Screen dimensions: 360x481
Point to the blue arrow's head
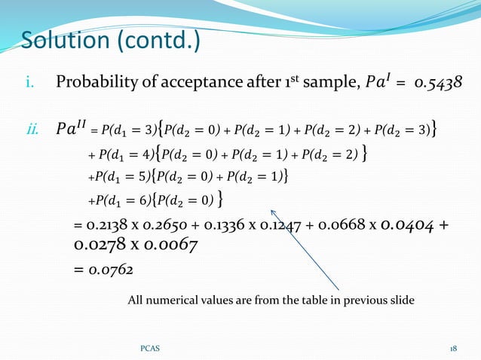point(273,212)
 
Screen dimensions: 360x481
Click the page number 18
point(453,349)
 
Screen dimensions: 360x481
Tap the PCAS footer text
point(149,349)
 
